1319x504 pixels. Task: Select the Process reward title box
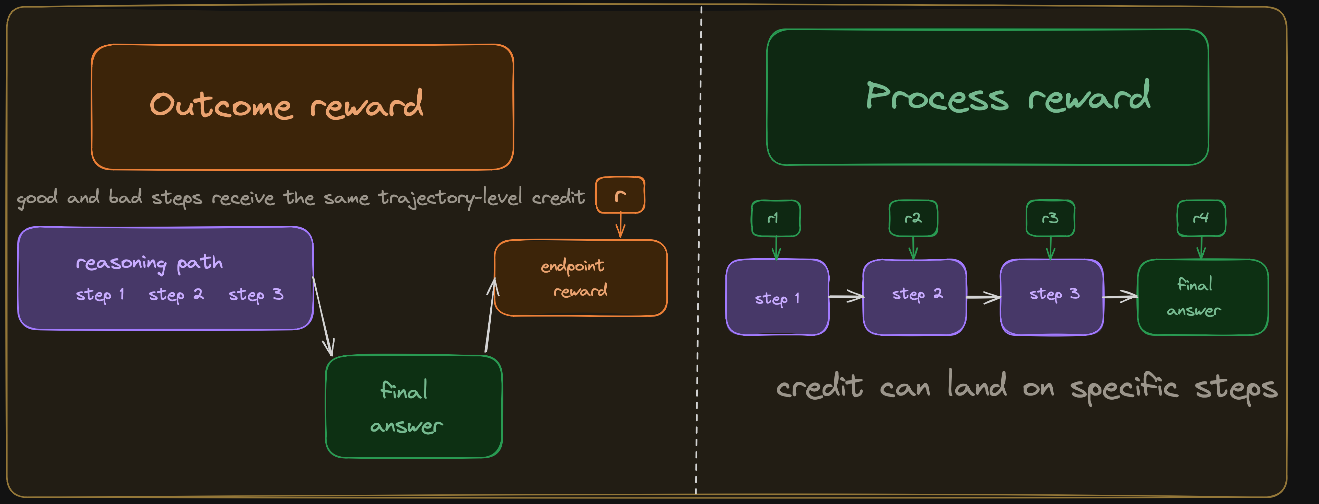tap(987, 97)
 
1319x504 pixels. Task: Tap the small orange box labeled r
tap(620, 195)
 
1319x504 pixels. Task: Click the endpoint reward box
tap(580, 278)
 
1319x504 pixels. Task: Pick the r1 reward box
tap(775, 218)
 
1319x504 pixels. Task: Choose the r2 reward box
tap(913, 218)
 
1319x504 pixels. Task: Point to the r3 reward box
tap(1050, 218)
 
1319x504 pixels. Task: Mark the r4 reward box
tap(1201, 218)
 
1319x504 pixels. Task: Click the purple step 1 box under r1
tap(777, 297)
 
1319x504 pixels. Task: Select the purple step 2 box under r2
tap(914, 297)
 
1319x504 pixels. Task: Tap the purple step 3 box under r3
tap(1052, 297)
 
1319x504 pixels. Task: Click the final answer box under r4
tap(1202, 297)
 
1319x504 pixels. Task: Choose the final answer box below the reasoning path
tap(414, 406)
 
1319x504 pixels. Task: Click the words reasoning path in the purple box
tap(149, 263)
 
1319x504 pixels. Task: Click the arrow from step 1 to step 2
tap(846, 296)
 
